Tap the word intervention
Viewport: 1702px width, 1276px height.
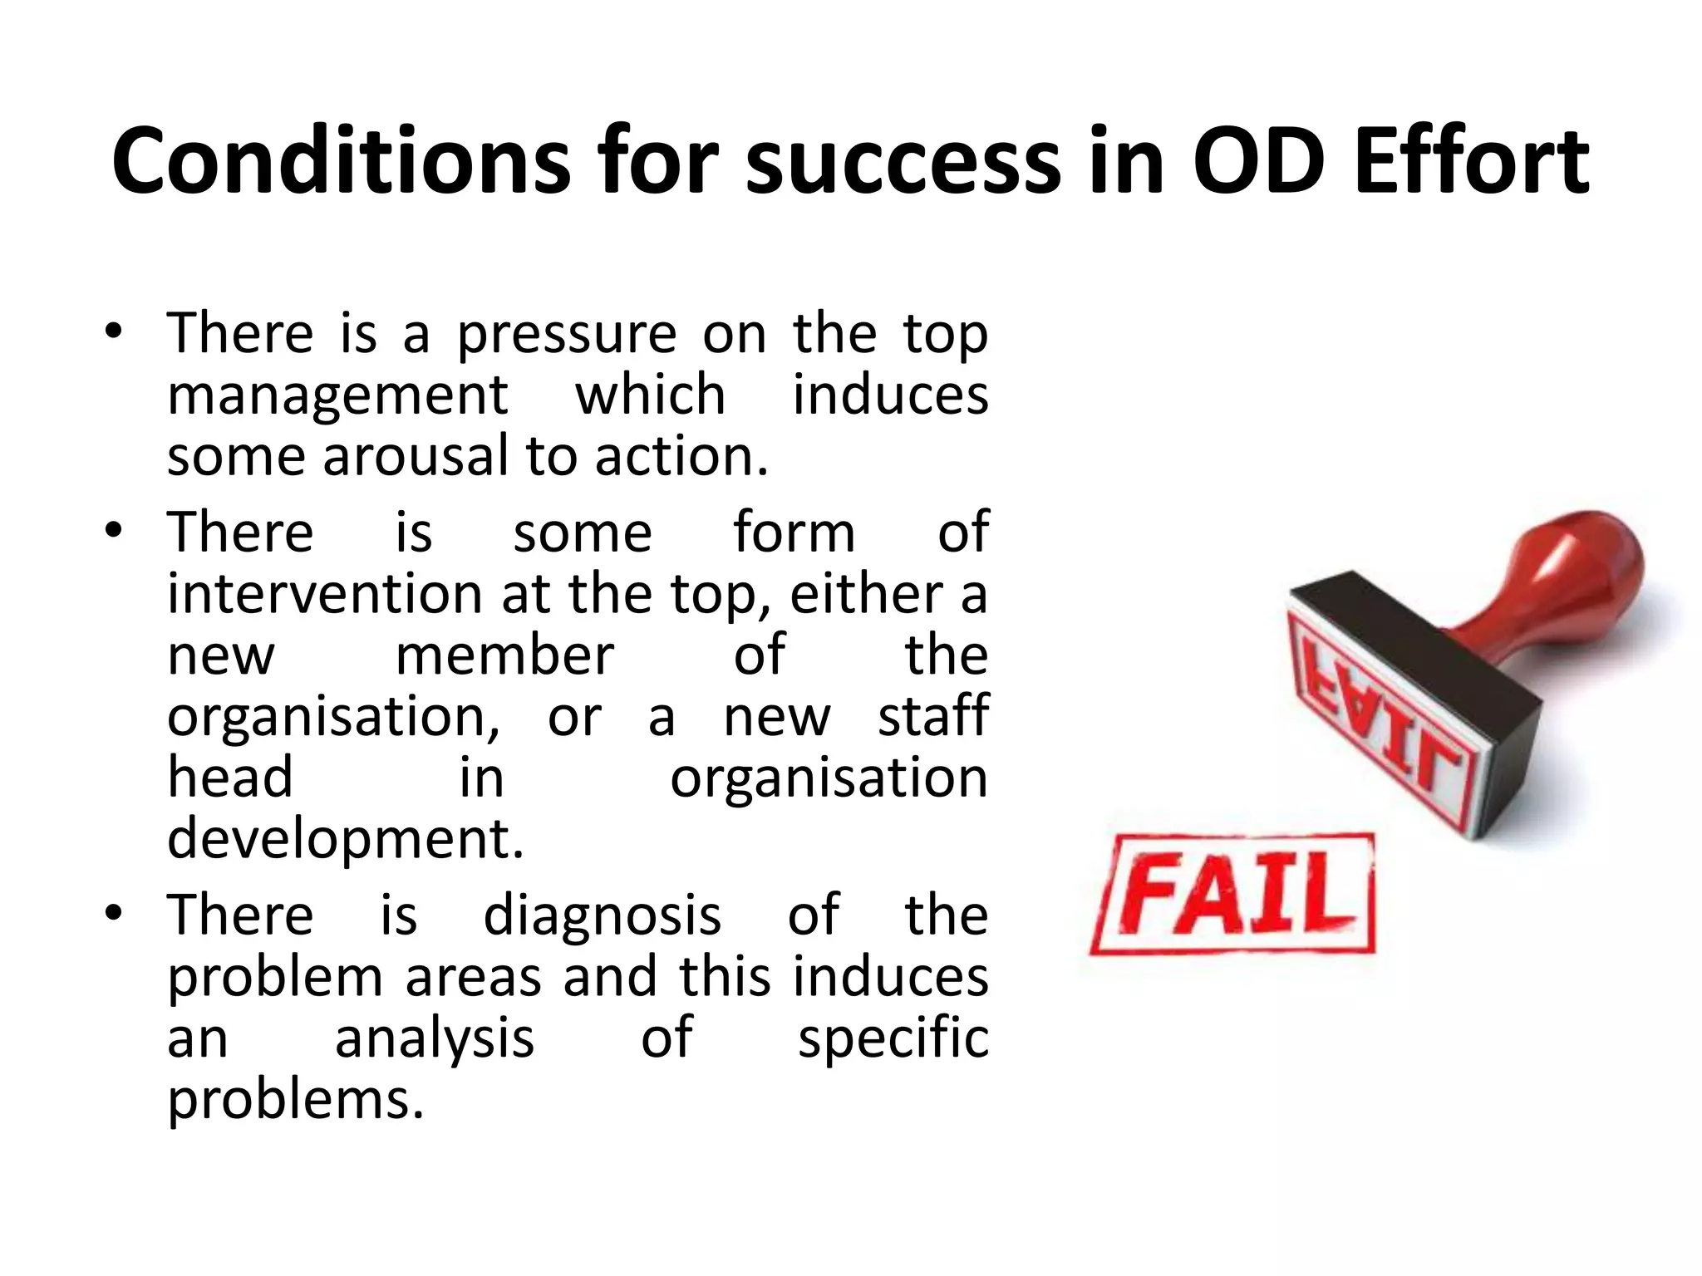pos(325,595)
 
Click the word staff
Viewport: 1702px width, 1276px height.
pos(933,716)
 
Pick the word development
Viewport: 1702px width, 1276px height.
pos(346,839)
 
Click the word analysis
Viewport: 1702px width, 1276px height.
pos(434,1038)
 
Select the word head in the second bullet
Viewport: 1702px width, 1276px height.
pos(230,778)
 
